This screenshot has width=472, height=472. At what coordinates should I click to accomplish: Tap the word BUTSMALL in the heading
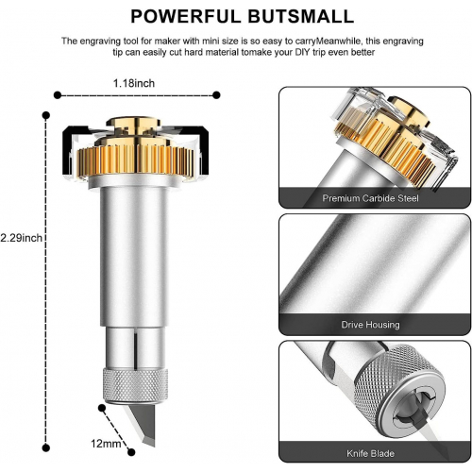click(300, 16)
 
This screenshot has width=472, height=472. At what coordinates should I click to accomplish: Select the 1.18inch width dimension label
click(134, 83)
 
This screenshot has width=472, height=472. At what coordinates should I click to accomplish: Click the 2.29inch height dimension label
click(21, 238)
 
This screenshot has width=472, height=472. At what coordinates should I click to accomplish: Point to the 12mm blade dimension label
click(106, 444)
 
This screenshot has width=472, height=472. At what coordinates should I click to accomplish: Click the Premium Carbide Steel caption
click(370, 198)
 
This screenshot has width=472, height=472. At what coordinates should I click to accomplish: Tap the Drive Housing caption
click(370, 325)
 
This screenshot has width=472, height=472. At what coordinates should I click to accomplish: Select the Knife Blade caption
click(370, 453)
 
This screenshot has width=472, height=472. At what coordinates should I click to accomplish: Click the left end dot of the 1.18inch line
click(58, 94)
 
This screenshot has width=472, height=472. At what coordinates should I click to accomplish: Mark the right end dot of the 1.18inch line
click(216, 94)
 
